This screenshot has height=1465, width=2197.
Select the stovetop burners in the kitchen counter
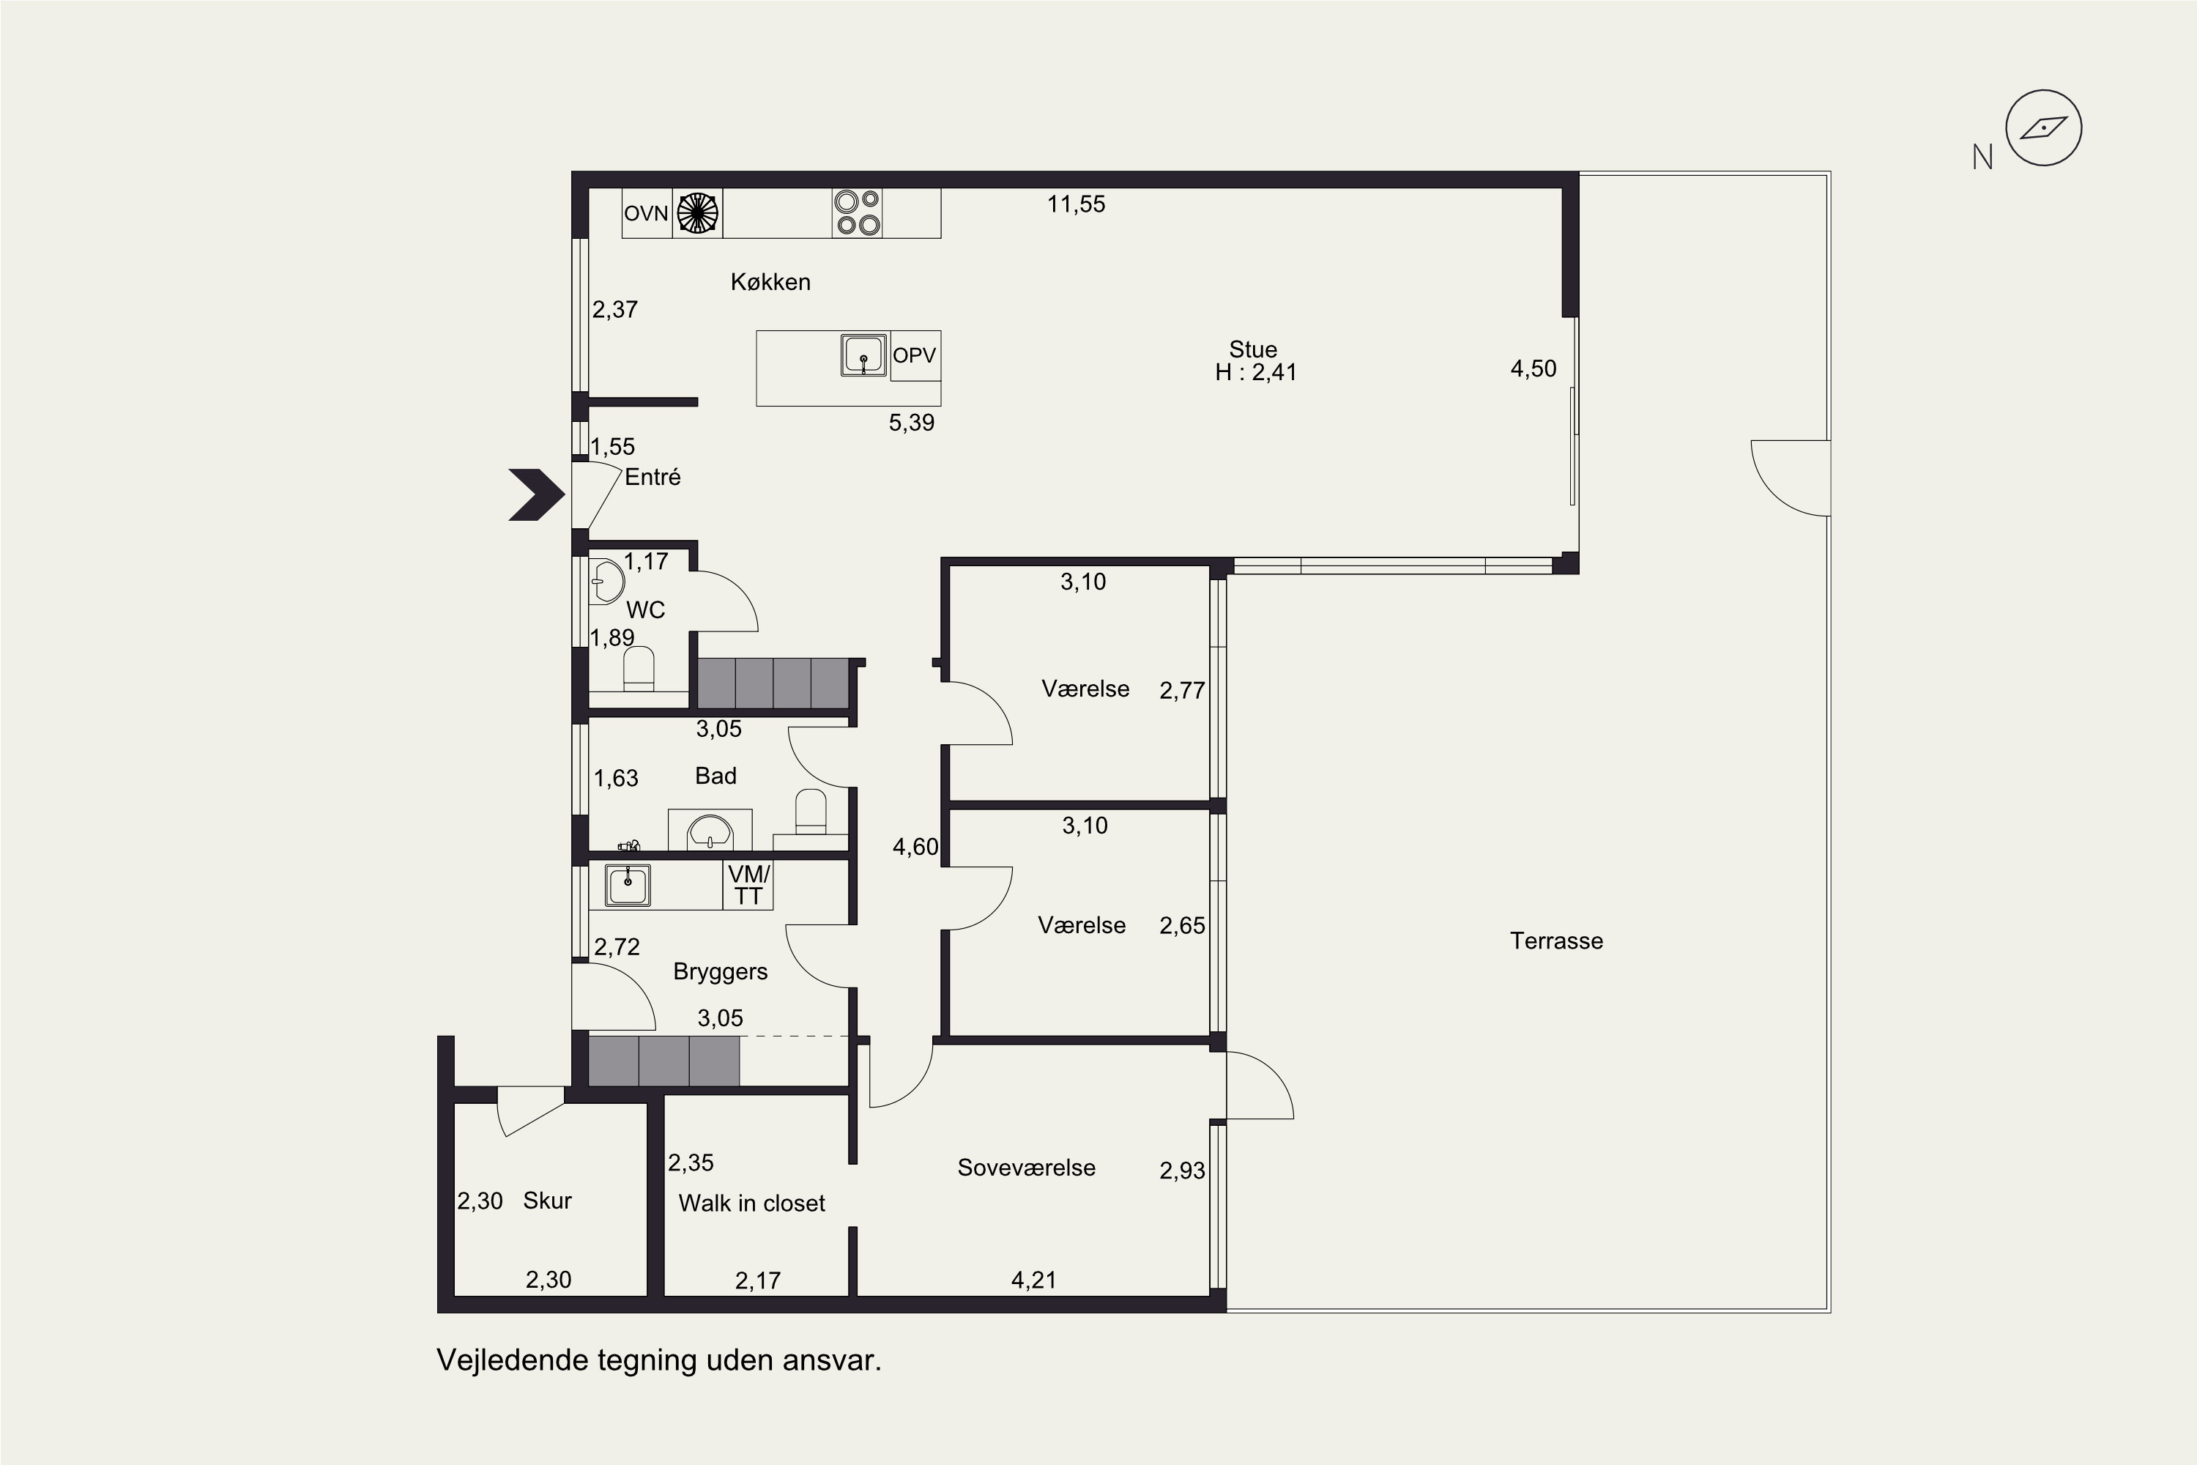pyautogui.click(x=857, y=212)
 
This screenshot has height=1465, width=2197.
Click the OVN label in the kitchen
pyautogui.click(x=647, y=213)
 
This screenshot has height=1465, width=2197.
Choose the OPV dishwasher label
pyautogui.click(x=915, y=355)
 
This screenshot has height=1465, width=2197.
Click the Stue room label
pyautogui.click(x=1252, y=349)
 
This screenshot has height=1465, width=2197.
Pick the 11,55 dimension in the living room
pyautogui.click(x=1076, y=204)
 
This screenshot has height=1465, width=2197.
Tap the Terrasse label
pyautogui.click(x=1556, y=941)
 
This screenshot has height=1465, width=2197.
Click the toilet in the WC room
pyautogui.click(x=639, y=669)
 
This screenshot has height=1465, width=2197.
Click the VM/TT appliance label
pyautogui.click(x=748, y=885)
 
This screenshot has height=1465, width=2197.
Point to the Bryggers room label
pyautogui.click(x=720, y=972)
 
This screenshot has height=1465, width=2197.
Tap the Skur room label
pyautogui.click(x=547, y=1201)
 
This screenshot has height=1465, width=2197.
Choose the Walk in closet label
pyautogui.click(x=752, y=1203)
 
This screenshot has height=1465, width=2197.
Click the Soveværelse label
pyautogui.click(x=1027, y=1167)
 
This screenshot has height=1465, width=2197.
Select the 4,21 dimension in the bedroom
pyautogui.click(x=1034, y=1280)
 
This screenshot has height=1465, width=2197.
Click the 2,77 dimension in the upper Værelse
pyautogui.click(x=1183, y=691)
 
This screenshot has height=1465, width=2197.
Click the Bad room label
pyautogui.click(x=715, y=776)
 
